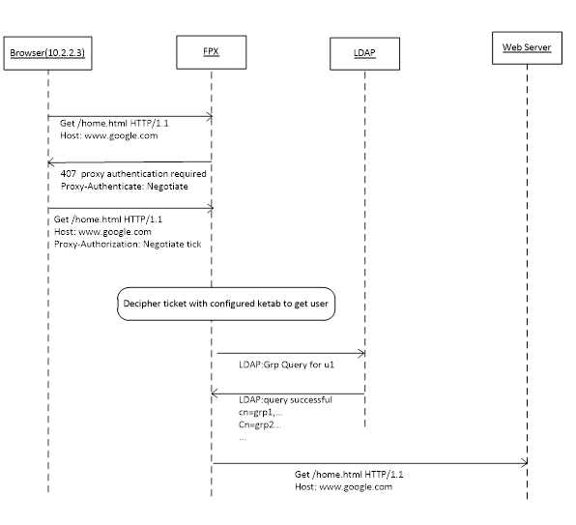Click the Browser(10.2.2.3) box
click(x=47, y=51)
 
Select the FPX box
click(x=211, y=51)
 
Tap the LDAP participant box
click(x=364, y=53)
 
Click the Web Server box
click(x=527, y=47)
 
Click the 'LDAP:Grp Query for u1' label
click(x=287, y=366)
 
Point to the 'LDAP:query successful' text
click(x=285, y=399)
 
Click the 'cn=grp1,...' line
click(x=260, y=411)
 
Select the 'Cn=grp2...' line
click(x=260, y=423)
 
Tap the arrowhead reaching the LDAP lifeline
click(x=361, y=353)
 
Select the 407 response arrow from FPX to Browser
click(x=130, y=161)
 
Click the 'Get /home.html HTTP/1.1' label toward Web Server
click(x=349, y=475)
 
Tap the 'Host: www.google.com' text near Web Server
click(x=344, y=486)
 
